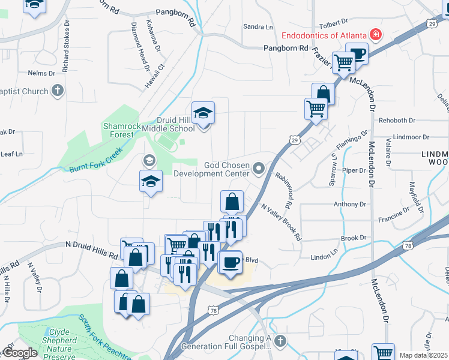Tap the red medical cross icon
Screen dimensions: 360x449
pos(376,35)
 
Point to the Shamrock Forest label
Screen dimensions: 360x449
pos(122,130)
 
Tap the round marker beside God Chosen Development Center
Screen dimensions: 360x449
pos(259,169)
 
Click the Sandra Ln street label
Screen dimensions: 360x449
pos(258,26)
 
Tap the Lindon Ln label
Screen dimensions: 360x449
pos(325,257)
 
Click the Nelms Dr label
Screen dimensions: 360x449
pos(41,73)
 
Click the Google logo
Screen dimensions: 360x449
pos(20,353)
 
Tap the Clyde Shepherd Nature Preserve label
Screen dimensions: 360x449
pos(54,340)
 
